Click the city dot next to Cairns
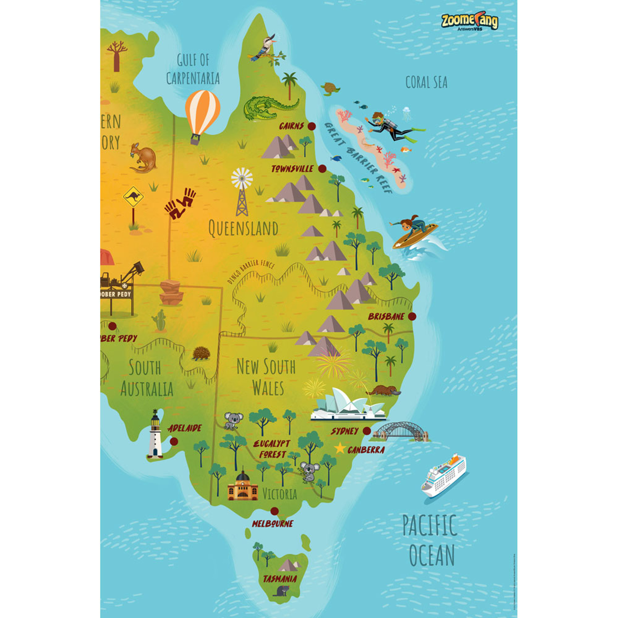click(311, 126)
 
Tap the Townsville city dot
click(322, 169)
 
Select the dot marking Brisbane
click(412, 316)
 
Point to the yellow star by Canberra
click(340, 449)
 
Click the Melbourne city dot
click(274, 511)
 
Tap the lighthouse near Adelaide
click(155, 435)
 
